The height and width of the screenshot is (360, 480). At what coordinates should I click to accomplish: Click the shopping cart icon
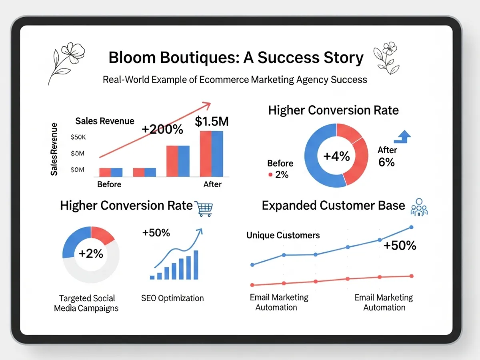click(204, 208)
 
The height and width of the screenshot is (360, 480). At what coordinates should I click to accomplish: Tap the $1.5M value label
click(212, 122)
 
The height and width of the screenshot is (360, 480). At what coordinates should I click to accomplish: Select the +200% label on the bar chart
click(162, 129)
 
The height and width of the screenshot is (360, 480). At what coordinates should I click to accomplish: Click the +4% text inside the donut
click(336, 156)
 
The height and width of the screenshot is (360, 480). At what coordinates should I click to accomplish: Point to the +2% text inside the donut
click(91, 254)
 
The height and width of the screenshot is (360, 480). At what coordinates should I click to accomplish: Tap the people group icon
click(419, 207)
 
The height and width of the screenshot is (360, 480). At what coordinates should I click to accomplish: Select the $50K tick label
click(78, 137)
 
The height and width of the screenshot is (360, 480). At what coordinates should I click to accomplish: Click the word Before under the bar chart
click(109, 184)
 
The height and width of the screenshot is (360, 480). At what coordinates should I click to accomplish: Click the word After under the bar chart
click(212, 184)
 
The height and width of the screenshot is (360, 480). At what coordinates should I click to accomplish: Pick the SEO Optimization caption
click(172, 298)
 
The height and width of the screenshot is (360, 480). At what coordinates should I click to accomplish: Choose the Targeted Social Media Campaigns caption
click(86, 303)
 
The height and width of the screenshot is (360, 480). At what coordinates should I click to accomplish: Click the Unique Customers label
click(283, 235)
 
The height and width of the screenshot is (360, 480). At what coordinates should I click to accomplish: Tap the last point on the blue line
click(412, 227)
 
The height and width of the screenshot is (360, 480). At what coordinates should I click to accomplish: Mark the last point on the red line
click(412, 276)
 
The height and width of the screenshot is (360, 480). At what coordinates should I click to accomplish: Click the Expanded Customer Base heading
click(333, 206)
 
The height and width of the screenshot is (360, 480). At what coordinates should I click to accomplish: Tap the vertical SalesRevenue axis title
click(55, 149)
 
